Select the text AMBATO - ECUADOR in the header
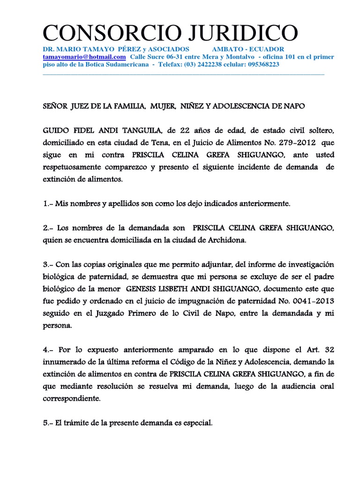[248, 49]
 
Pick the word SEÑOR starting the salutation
[54, 106]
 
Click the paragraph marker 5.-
[48, 422]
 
